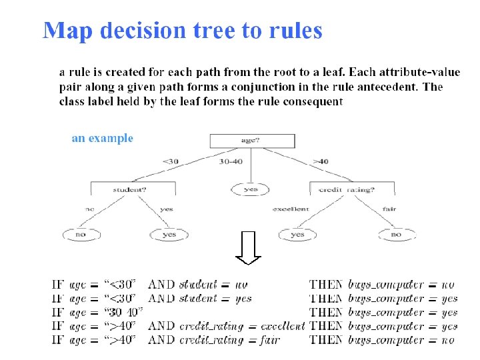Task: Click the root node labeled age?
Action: pyautogui.click(x=251, y=141)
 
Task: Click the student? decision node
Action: pyautogui.click(x=130, y=189)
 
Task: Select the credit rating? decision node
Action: pyautogui.click(x=347, y=189)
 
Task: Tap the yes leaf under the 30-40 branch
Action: pyautogui.click(x=251, y=189)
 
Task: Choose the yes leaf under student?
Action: pyautogui.click(x=169, y=235)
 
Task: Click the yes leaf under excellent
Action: pyautogui.click(x=297, y=235)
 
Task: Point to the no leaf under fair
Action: pyautogui.click(x=396, y=235)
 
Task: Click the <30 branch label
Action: pyautogui.click(x=170, y=161)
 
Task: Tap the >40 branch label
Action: pyautogui.click(x=321, y=161)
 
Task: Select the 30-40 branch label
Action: pyautogui.click(x=231, y=161)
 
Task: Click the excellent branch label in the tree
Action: pyautogui.click(x=291, y=209)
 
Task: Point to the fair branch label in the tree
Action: pyautogui.click(x=389, y=209)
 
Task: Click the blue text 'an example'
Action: pyautogui.click(x=103, y=139)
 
